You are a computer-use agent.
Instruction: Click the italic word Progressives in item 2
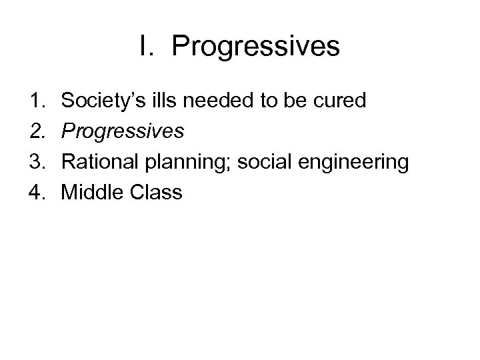122,132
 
